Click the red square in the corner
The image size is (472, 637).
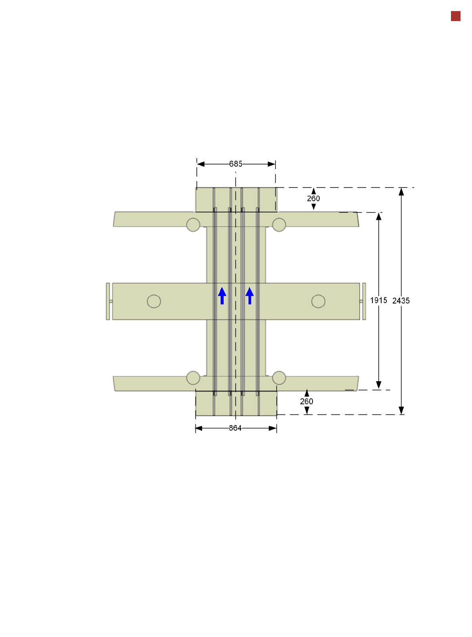[x=455, y=16]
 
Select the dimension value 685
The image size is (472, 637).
[x=236, y=164]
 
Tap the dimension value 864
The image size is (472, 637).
[x=235, y=428]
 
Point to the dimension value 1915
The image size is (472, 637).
[x=378, y=300]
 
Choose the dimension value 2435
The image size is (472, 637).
[x=401, y=300]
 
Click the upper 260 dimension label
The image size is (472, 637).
[x=313, y=198]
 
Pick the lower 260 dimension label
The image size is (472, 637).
[x=306, y=401]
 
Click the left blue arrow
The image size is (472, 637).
[x=222, y=295]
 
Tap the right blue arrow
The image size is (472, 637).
[x=249, y=295]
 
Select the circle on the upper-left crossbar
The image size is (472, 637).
[x=193, y=224]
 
